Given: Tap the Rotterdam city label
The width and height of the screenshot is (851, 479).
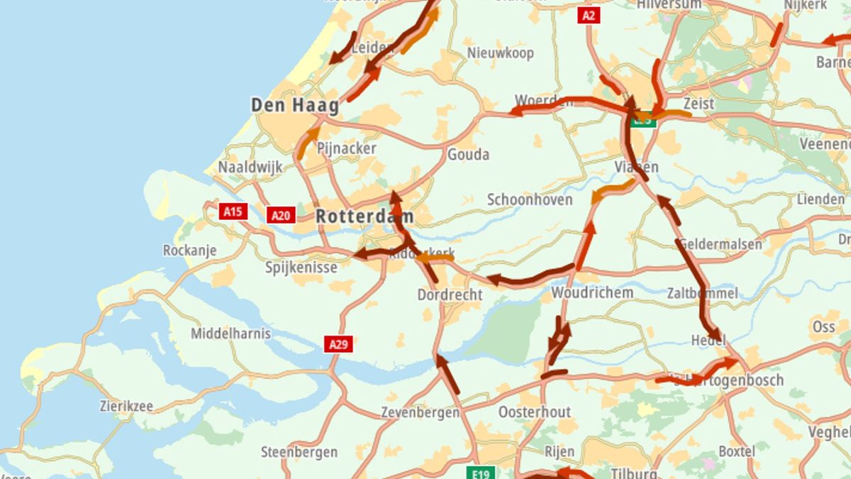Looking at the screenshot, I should (365, 216).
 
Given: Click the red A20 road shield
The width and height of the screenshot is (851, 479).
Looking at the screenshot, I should (281, 215).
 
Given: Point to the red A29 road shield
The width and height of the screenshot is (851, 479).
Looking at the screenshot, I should (339, 345).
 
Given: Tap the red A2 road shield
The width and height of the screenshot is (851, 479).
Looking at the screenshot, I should (589, 16).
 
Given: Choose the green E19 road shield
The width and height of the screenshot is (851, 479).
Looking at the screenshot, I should (480, 472).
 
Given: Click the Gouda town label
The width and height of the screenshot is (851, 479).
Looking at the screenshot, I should (468, 155).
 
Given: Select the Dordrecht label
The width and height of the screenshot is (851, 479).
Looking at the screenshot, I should (450, 294).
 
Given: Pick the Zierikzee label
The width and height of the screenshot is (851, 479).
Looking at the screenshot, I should (126, 407).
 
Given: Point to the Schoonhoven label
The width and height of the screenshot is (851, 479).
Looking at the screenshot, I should (530, 200).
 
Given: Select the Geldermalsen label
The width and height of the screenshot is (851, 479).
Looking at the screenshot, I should (721, 245).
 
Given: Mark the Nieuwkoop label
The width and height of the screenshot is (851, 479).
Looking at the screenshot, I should (501, 53).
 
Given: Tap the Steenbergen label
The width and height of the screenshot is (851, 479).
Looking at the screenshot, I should (299, 452).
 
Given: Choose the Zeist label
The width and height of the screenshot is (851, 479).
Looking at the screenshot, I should (699, 104).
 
